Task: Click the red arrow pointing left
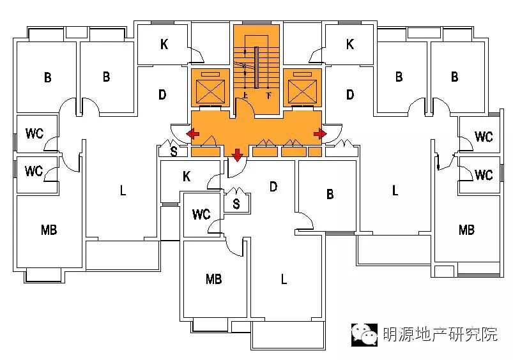coord(192,133)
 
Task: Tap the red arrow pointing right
coord(320,133)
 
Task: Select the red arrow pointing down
coord(237,154)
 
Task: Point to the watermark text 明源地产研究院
coord(440,334)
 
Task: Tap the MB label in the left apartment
coord(49,230)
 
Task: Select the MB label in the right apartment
coord(466,230)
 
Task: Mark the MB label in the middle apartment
coord(213,279)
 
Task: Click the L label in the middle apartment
coord(284,279)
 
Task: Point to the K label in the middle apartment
coord(187,176)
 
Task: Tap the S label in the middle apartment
coord(236,204)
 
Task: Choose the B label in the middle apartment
coord(330,194)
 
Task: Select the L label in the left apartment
coord(123,190)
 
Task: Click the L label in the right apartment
coord(395,190)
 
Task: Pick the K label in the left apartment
coord(164,44)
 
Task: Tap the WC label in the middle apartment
coord(201,214)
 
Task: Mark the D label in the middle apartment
coord(273,186)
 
